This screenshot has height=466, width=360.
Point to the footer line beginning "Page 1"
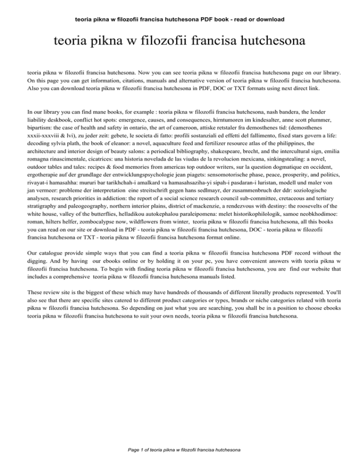click(180, 450)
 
